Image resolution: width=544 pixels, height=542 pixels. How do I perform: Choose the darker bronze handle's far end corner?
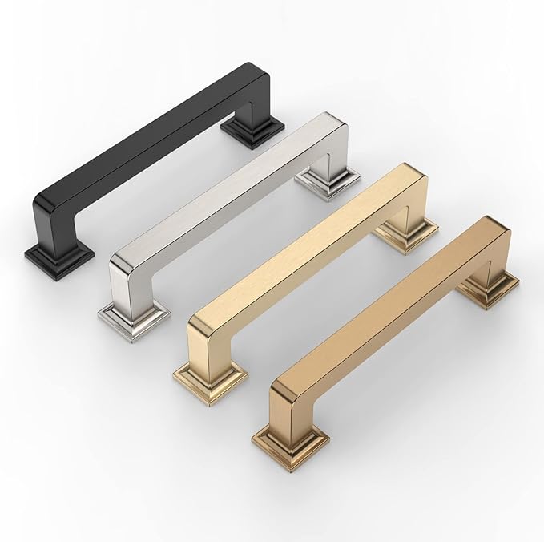tap(501, 224)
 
